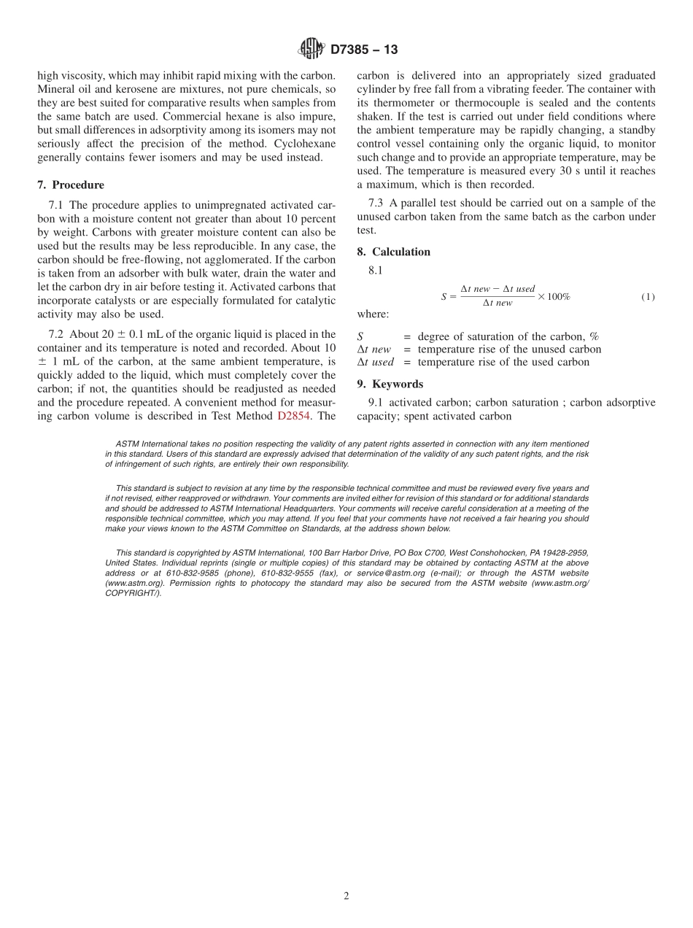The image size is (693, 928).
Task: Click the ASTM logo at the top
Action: point(311,49)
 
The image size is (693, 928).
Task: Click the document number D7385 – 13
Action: point(364,50)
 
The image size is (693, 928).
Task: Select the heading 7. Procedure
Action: point(71,185)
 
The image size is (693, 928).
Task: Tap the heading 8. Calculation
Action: point(394,252)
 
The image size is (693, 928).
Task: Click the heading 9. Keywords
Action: point(390,384)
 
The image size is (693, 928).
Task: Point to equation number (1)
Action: point(648,297)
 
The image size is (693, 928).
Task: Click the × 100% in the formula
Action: point(554,297)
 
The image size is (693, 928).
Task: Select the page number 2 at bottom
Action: point(346,896)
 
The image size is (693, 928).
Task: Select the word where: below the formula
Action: point(373,314)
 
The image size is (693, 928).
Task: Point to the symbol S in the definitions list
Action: point(360,336)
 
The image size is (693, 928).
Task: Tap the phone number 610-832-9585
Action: point(177,573)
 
